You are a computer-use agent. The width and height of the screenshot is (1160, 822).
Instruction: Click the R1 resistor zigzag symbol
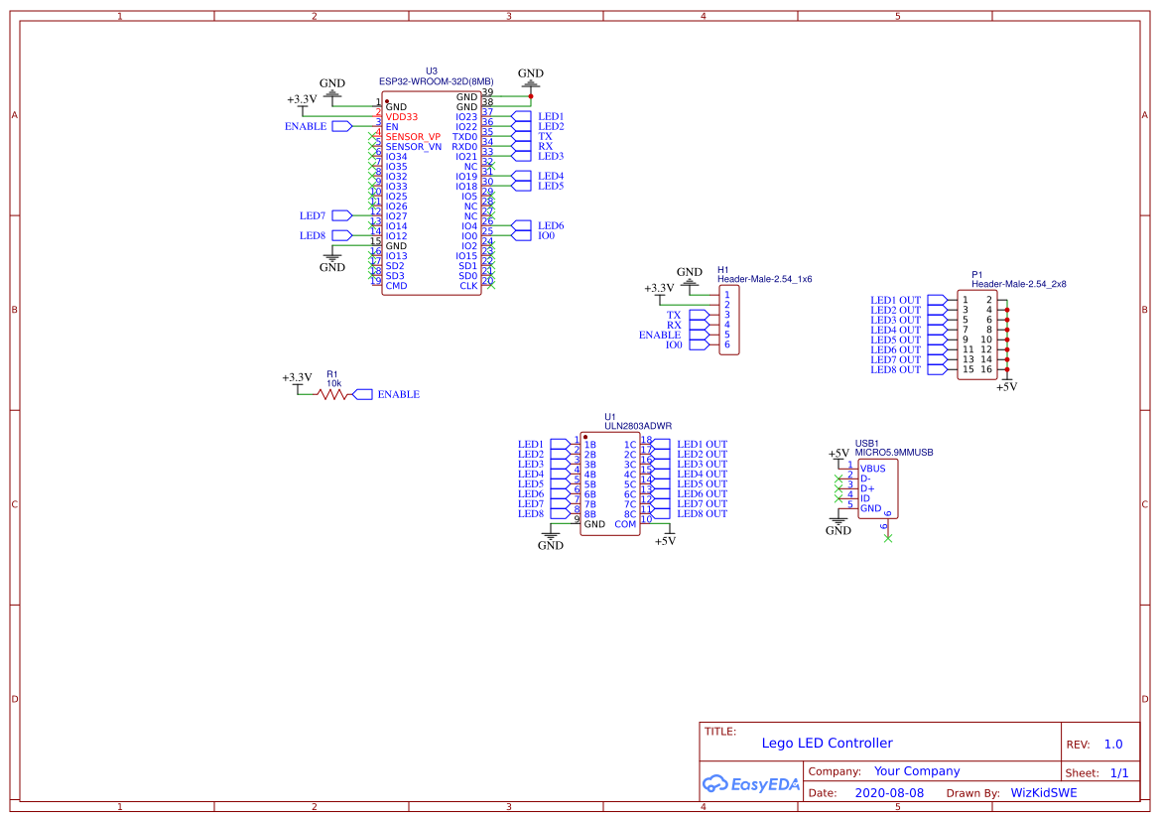(333, 394)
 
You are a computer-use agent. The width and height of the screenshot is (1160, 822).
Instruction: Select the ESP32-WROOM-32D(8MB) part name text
(436, 81)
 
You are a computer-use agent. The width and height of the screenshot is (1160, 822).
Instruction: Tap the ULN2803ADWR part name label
(638, 425)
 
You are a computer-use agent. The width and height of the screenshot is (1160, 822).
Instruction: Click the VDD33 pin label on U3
(402, 117)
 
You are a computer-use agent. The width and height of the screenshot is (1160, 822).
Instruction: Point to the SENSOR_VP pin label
(413, 137)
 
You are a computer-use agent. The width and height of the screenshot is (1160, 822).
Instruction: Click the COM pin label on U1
(625, 524)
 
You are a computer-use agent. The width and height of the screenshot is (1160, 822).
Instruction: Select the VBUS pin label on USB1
(873, 469)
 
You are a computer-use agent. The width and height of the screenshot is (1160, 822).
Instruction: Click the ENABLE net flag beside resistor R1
(398, 395)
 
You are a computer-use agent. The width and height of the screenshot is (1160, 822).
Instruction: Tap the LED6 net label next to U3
(551, 226)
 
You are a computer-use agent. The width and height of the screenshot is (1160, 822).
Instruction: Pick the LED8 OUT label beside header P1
(895, 370)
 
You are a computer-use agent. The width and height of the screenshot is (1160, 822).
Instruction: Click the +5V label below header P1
(1006, 387)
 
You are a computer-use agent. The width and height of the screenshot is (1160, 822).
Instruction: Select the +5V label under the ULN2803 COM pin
(665, 541)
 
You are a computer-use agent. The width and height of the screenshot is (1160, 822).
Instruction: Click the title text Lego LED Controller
(827, 743)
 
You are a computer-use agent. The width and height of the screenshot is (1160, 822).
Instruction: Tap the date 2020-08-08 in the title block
(889, 793)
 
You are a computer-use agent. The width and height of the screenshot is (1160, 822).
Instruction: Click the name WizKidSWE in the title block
(1043, 793)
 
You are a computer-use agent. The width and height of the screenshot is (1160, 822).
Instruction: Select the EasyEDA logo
(750, 784)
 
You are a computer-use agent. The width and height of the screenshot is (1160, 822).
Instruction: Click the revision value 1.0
(1113, 745)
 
